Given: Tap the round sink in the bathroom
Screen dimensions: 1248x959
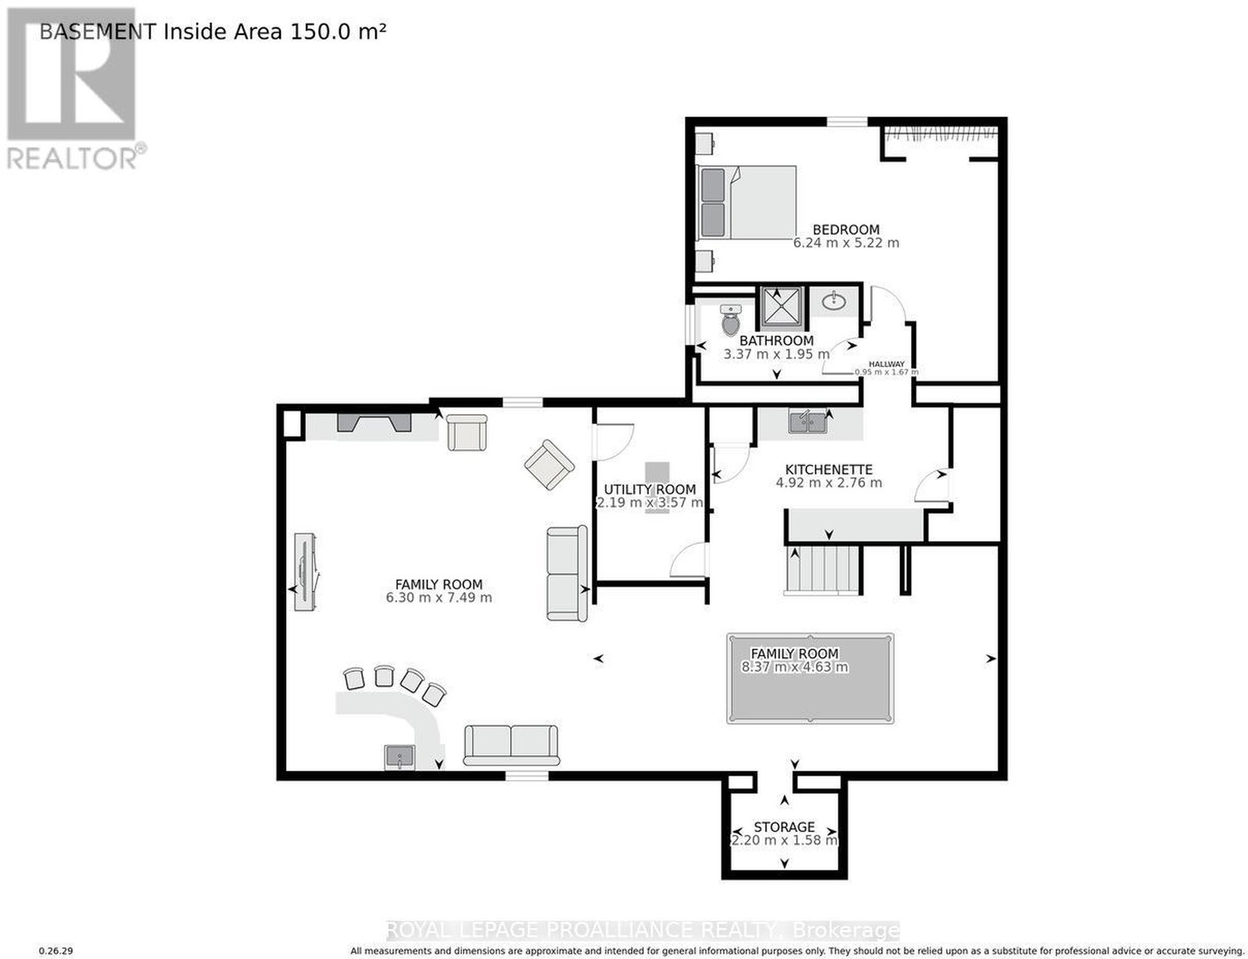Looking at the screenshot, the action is click(x=834, y=300).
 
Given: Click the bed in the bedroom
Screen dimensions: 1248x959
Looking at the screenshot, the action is click(x=746, y=202).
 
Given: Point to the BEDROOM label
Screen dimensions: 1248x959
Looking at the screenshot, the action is click(x=846, y=229).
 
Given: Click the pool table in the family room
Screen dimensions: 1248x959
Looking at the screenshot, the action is click(x=810, y=678).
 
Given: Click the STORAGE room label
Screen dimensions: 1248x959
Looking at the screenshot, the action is click(x=784, y=827).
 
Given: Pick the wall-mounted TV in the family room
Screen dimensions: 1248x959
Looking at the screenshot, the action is click(x=304, y=572).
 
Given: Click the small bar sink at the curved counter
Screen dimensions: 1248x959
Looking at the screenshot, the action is click(x=399, y=757).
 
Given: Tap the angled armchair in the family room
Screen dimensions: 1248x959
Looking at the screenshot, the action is click(x=549, y=464).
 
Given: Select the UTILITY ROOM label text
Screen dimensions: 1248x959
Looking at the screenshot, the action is click(x=650, y=489).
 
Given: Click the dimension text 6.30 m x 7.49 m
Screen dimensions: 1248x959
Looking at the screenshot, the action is click(x=439, y=598).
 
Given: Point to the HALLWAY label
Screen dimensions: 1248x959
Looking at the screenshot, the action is click(x=886, y=364).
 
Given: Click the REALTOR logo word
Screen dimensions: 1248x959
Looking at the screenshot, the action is click(x=72, y=158).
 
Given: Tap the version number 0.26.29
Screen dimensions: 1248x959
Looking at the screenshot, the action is click(x=55, y=951).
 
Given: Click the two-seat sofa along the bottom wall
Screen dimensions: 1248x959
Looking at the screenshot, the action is click(x=511, y=745).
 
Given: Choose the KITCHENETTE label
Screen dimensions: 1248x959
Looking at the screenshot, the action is click(x=828, y=469).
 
